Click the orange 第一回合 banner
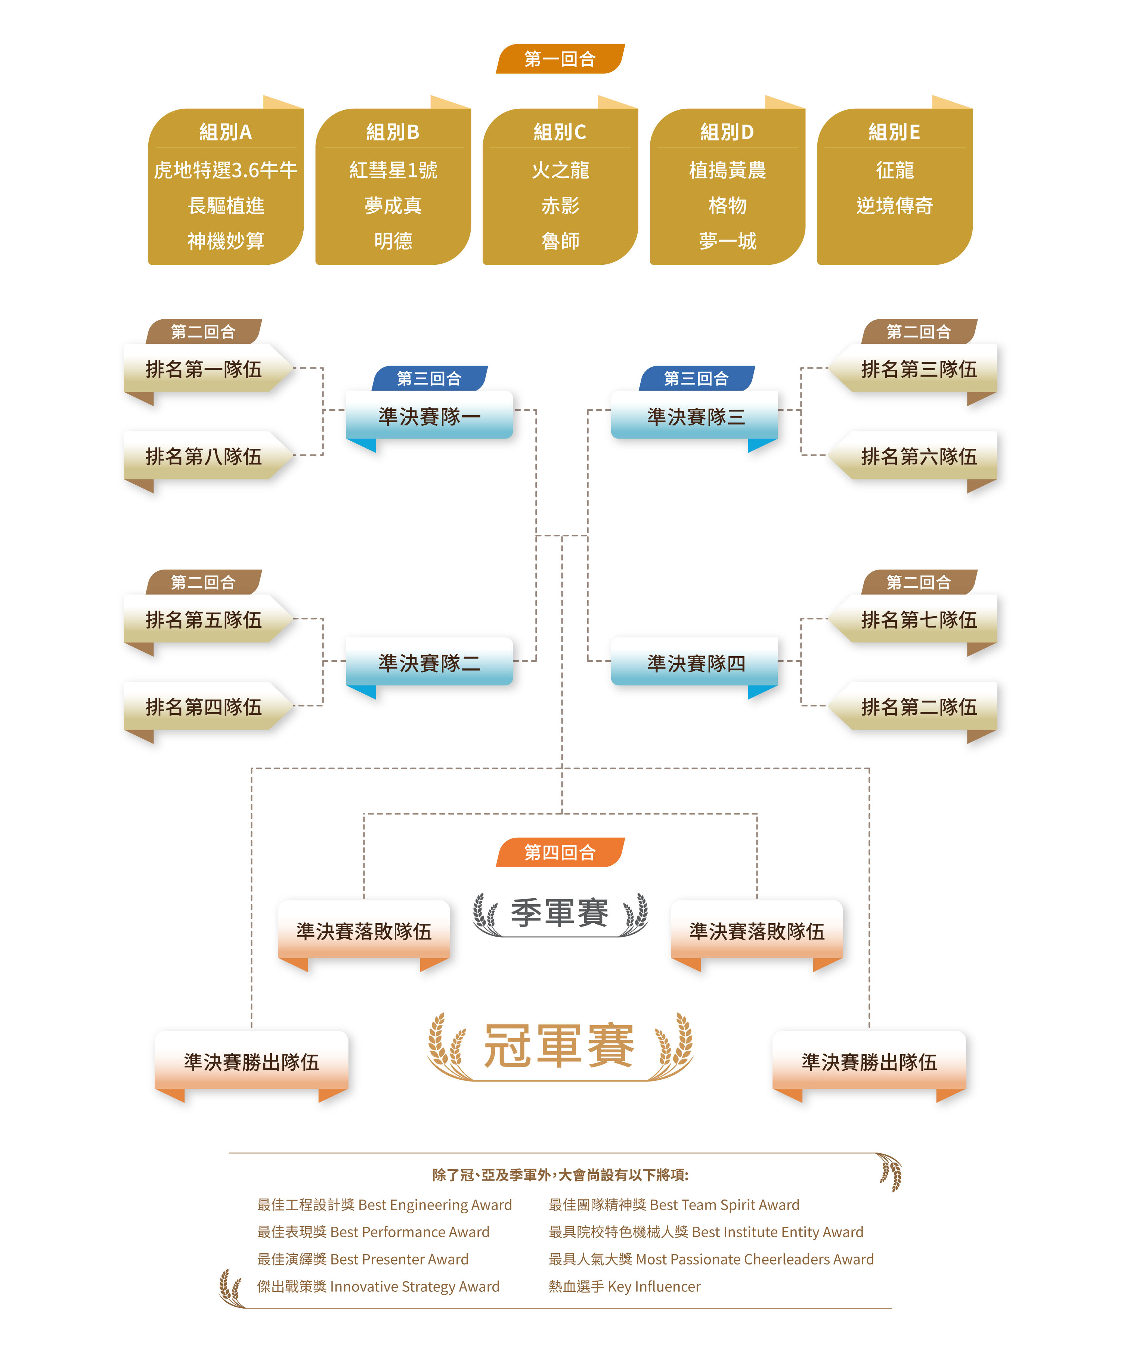coord(560,59)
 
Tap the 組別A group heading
coord(225,132)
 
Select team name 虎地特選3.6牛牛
coord(225,170)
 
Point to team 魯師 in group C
coord(560,241)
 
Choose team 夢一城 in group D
coord(727,241)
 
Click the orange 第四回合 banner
coord(560,852)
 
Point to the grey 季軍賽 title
coord(560,913)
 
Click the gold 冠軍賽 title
coord(560,1045)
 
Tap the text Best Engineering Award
coord(434,1205)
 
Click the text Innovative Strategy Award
coord(415,1286)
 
